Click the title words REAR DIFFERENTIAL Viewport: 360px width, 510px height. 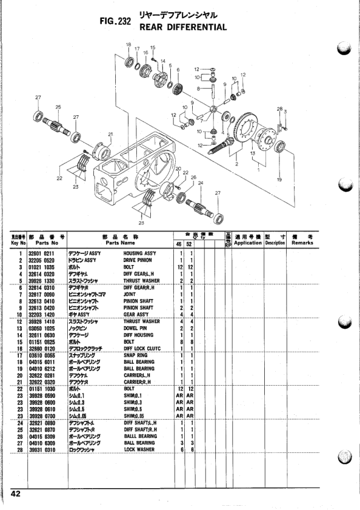(x=182, y=27)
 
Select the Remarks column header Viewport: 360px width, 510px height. (x=302, y=243)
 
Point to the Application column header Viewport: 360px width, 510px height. (x=247, y=243)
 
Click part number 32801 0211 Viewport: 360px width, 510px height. (x=42, y=252)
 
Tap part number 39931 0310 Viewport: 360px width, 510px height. (x=42, y=450)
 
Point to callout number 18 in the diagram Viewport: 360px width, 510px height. (x=128, y=45)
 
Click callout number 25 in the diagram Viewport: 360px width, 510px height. (x=58, y=107)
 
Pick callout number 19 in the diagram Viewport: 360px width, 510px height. (x=279, y=180)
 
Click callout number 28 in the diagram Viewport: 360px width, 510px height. (x=279, y=109)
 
